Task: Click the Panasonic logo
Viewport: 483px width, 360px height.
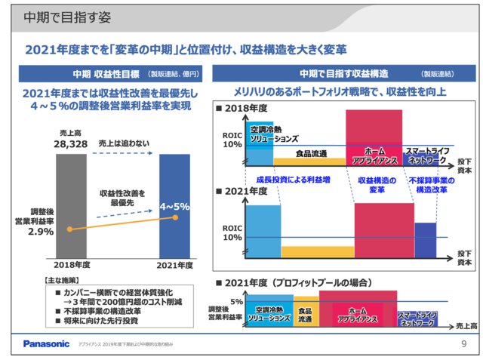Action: tap(46, 344)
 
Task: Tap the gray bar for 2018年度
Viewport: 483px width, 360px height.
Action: tap(73, 204)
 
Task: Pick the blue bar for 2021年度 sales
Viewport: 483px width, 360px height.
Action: tap(174, 204)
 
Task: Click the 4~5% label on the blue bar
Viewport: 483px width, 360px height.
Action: tap(174, 205)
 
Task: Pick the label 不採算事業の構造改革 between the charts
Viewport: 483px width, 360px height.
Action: tap(427, 185)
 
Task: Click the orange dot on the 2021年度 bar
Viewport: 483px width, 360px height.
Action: tap(175, 218)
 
